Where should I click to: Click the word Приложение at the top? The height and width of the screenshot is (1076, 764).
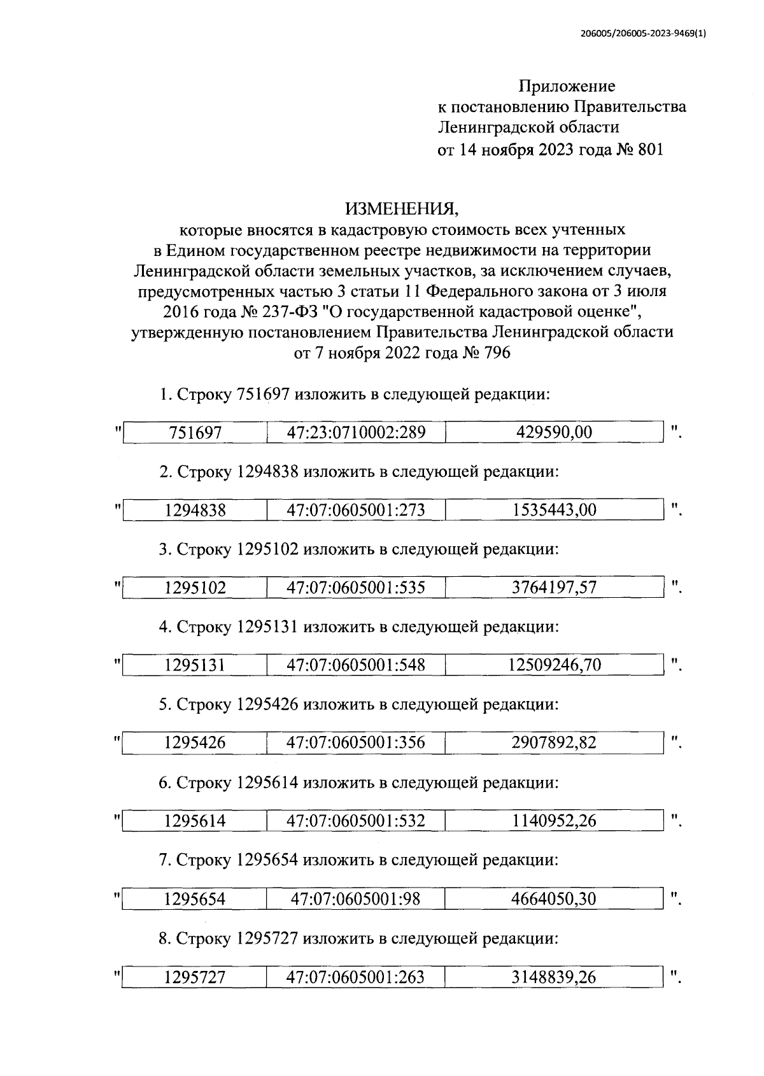[567, 85]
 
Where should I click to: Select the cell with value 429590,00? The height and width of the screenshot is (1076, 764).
[554, 433]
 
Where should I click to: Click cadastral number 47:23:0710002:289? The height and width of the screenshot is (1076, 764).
[356, 433]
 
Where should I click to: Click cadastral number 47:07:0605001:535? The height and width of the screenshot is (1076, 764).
[356, 588]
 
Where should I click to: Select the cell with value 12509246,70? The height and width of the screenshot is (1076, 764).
[554, 666]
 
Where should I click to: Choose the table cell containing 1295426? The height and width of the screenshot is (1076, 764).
[195, 743]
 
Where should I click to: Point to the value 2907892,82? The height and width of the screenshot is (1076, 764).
[554, 743]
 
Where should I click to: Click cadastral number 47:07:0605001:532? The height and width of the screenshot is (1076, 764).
[356, 821]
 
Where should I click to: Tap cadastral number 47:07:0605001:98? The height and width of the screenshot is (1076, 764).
[356, 899]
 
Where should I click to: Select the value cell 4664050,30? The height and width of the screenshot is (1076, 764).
[554, 899]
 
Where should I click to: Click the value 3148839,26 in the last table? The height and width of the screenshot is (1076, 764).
[554, 977]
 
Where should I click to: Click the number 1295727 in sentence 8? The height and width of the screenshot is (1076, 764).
[267, 938]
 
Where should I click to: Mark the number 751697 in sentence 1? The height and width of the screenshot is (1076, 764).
[263, 394]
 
